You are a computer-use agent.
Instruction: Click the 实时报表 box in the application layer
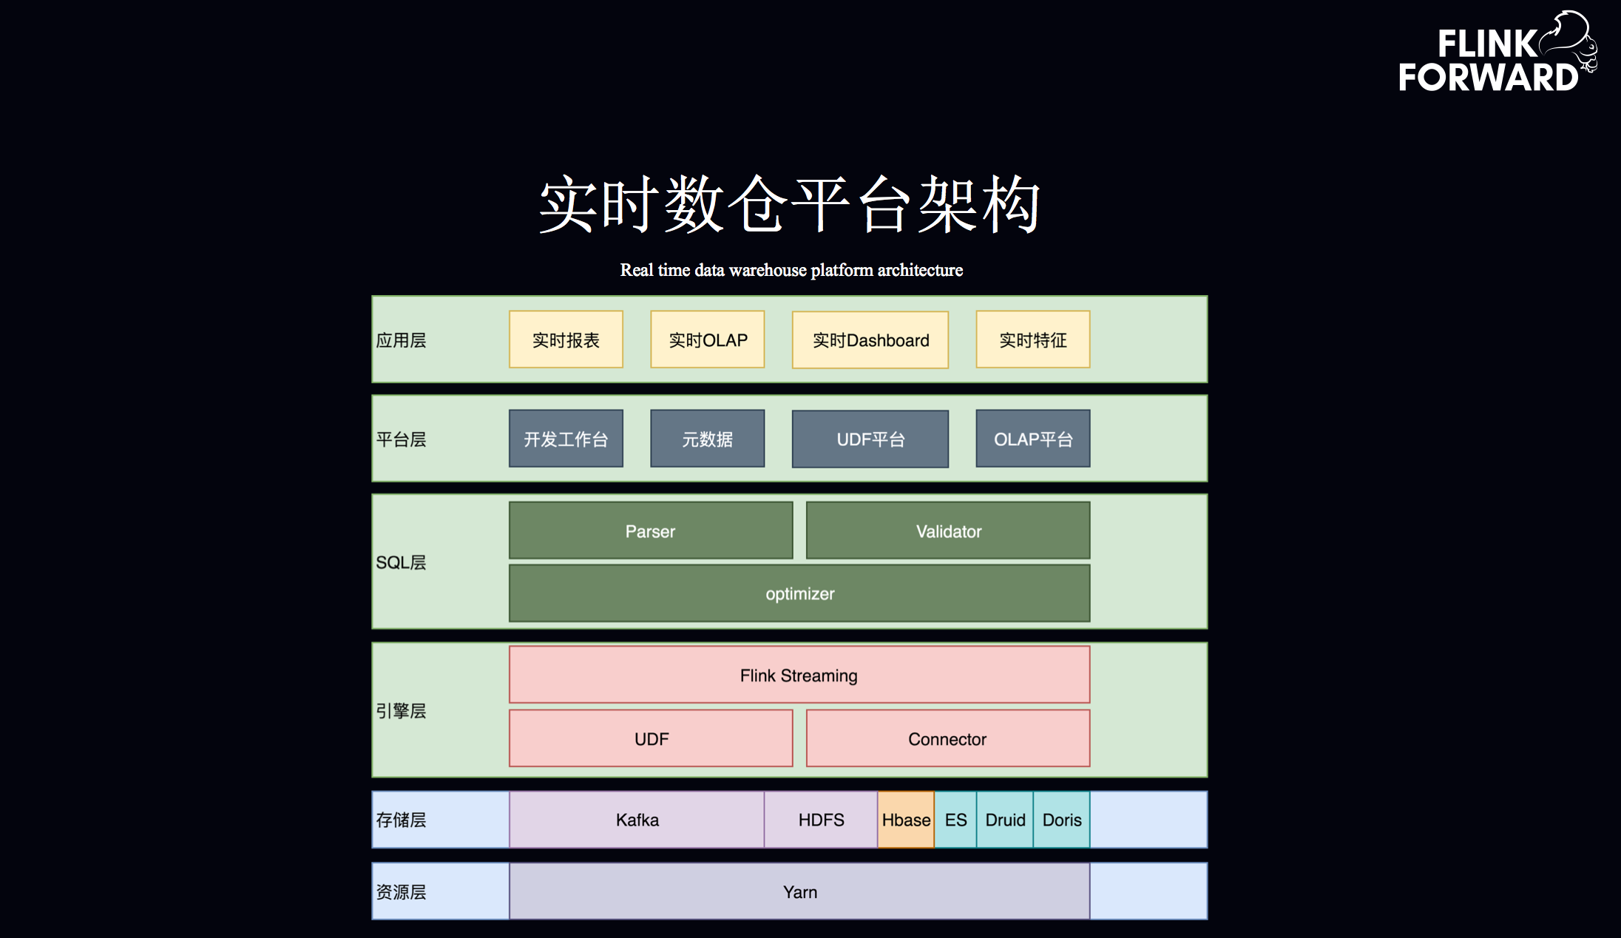(566, 340)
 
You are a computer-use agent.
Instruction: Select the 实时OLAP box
(708, 340)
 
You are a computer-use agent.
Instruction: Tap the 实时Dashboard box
(870, 340)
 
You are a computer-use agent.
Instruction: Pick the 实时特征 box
(1033, 340)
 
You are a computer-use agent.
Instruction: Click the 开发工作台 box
(566, 439)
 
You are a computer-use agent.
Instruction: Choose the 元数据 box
(708, 439)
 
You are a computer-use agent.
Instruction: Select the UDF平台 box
(870, 439)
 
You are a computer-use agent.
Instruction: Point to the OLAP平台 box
(1033, 439)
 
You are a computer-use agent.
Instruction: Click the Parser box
(651, 530)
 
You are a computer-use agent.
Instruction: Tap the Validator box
(948, 530)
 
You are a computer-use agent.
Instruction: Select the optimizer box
(799, 593)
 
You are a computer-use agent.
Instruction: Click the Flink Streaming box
(799, 675)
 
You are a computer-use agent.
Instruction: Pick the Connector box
(948, 738)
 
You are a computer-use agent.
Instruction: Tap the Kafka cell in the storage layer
(637, 820)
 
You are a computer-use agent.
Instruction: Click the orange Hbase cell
(906, 820)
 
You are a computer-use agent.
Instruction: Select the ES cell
(955, 820)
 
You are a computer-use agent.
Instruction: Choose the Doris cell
(1062, 820)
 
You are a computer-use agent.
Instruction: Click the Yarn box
(799, 891)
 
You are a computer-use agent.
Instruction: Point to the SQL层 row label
(401, 562)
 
